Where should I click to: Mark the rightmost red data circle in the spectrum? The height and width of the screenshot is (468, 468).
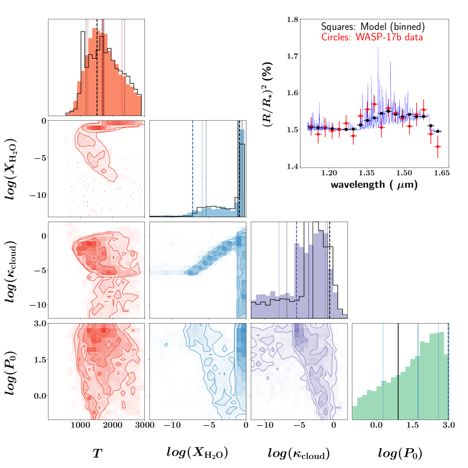tap(438, 147)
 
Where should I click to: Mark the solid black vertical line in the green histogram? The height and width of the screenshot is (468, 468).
tap(398, 372)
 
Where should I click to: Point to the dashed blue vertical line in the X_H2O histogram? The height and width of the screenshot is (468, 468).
tap(192, 169)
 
